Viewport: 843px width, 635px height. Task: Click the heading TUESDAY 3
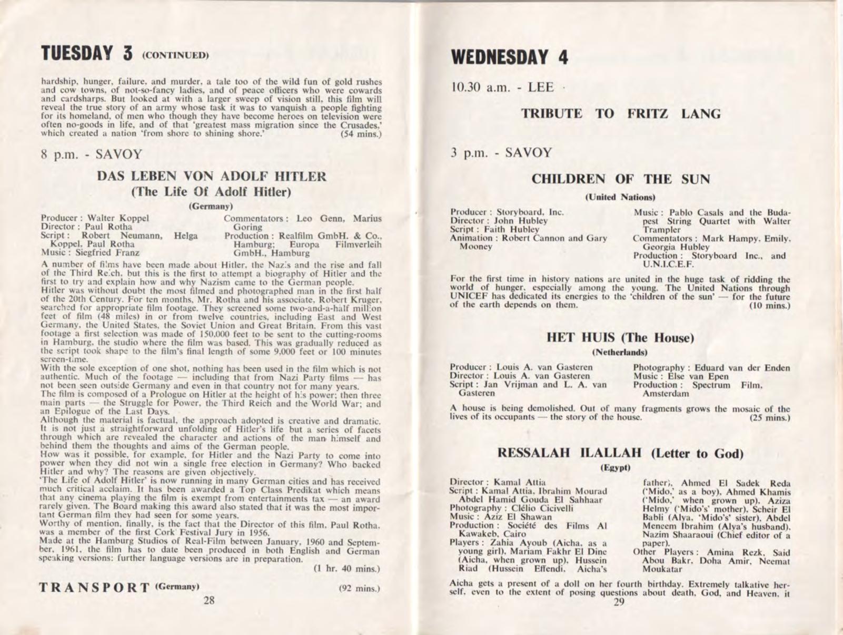pos(87,54)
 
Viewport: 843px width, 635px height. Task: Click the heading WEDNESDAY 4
pos(509,57)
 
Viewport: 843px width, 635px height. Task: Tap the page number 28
pos(209,600)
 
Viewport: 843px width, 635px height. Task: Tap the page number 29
pos(619,602)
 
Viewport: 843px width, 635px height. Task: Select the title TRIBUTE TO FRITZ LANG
pos(621,114)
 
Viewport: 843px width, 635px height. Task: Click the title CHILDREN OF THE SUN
pos(620,179)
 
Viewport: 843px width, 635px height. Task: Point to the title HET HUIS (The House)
pos(620,337)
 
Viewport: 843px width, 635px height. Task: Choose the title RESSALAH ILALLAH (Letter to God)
pos(620,453)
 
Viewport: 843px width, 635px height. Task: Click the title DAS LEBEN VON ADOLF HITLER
pos(212,177)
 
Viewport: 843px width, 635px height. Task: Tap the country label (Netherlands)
pos(620,351)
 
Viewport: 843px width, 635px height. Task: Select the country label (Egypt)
pos(615,467)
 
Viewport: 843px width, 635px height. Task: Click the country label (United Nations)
pos(620,197)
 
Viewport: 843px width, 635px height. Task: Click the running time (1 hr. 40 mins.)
pos(346,569)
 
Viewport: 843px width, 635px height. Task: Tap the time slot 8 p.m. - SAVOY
pos(91,154)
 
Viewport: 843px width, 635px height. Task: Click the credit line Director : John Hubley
pos(499,221)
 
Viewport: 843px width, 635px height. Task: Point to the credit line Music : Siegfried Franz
pos(90,252)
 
